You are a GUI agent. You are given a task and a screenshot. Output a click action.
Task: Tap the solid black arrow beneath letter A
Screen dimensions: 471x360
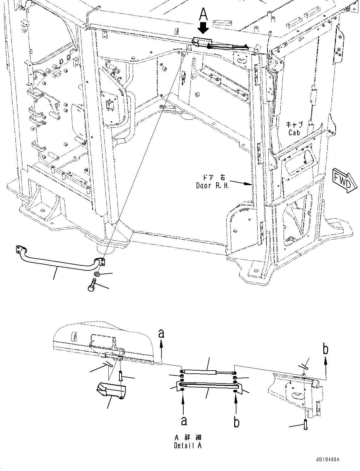point(204,27)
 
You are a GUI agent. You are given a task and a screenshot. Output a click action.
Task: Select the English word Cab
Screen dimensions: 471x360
point(294,132)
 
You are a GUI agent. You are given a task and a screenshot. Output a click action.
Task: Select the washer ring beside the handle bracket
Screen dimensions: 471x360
point(98,274)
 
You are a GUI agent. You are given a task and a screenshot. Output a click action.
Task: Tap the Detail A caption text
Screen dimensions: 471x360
point(187,445)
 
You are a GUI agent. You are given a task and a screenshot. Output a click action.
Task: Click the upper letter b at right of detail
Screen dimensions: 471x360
point(325,349)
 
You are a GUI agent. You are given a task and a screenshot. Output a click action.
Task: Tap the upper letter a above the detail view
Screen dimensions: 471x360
point(162,334)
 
